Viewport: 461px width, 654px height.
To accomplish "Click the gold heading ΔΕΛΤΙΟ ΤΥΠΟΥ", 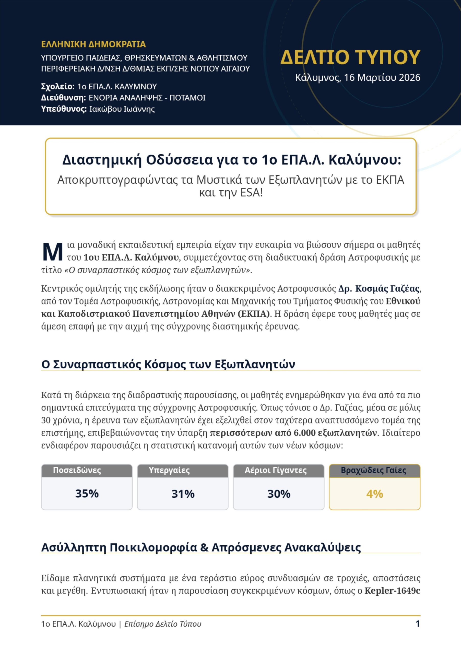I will [x=350, y=57].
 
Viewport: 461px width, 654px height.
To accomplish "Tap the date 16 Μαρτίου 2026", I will [x=382, y=78].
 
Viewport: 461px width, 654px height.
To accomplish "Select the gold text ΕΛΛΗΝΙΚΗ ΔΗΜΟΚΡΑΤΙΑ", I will [x=93, y=44].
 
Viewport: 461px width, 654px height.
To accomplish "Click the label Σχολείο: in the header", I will [x=58, y=87].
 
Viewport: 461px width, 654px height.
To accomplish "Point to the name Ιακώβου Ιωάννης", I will [x=122, y=109].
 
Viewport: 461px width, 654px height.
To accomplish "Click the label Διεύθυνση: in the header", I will [x=64, y=98].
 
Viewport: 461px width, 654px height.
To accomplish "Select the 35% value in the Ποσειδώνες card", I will [x=87, y=494].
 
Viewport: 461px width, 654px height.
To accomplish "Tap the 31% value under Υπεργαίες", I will [x=183, y=494].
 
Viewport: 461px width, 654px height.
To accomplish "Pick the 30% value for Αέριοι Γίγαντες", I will [x=279, y=494].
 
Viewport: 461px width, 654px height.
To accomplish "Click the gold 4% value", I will [x=374, y=494].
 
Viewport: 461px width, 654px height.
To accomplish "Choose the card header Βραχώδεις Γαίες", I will [x=373, y=470].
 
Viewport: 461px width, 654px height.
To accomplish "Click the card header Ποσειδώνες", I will [x=77, y=470].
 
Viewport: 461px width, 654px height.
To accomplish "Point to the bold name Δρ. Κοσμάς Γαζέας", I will [x=379, y=289].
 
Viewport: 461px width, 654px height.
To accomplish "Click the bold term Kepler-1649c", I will [x=392, y=591].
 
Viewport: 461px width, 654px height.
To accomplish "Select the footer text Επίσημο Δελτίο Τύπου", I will [x=163, y=624].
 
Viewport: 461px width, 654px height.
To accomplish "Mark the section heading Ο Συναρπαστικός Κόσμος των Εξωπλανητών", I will [x=168, y=364].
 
